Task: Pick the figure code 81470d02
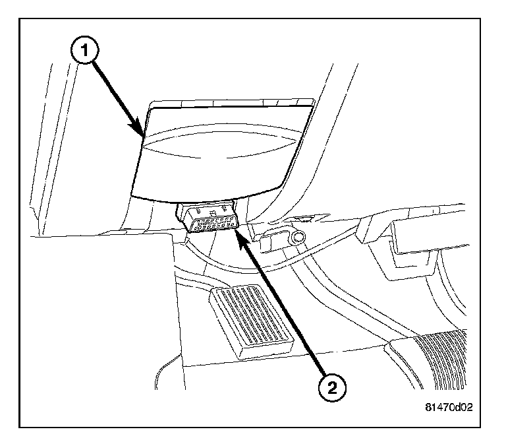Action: (x=449, y=408)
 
